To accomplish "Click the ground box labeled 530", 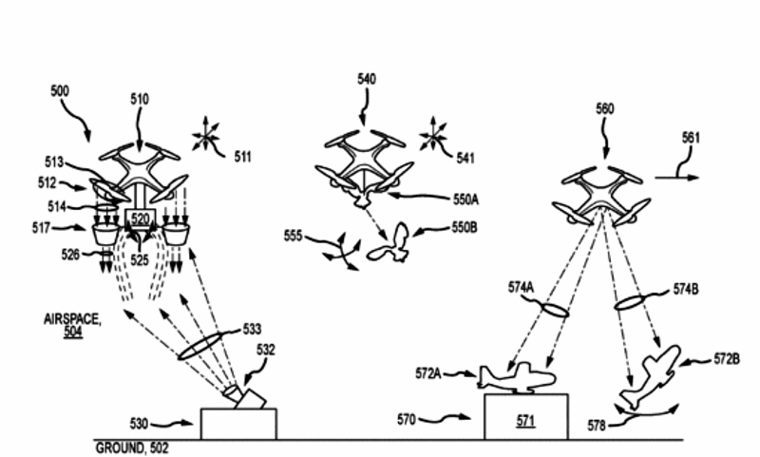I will point(238,423).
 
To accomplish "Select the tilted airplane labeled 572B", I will point(652,375).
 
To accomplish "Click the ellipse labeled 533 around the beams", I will point(206,344).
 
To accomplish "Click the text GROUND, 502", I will point(134,447).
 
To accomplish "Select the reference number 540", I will point(366,82).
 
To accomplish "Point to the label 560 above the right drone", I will point(605,109).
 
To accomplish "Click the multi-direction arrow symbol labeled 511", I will point(205,139).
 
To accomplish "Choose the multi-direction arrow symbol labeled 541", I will point(434,137).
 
